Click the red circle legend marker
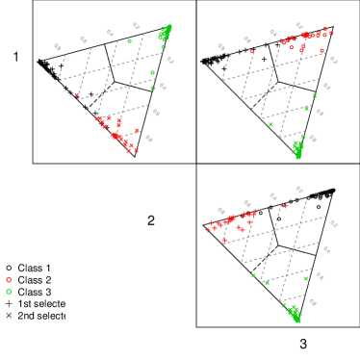click(x=10, y=279)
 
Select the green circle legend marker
click(x=10, y=291)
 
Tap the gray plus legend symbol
click(x=10, y=302)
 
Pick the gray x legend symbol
click(x=10, y=315)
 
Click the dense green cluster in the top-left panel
click(x=165, y=34)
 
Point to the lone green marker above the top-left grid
click(x=130, y=40)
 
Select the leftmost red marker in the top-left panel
click(x=77, y=94)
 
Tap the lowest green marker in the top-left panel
click(x=152, y=88)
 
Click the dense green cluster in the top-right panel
click(x=297, y=148)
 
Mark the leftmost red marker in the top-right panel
click(x=252, y=51)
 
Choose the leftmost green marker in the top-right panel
click(x=270, y=124)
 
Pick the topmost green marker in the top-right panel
click(x=314, y=95)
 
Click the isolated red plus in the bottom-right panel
click(x=286, y=206)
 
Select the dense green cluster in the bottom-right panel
click(x=295, y=314)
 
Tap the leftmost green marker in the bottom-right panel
click(x=254, y=275)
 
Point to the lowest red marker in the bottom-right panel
click(x=223, y=242)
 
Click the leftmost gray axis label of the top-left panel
click(x=58, y=46)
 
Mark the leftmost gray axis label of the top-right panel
click(x=221, y=46)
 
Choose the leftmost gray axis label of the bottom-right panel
click(x=221, y=210)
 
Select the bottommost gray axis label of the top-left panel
click(x=149, y=139)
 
